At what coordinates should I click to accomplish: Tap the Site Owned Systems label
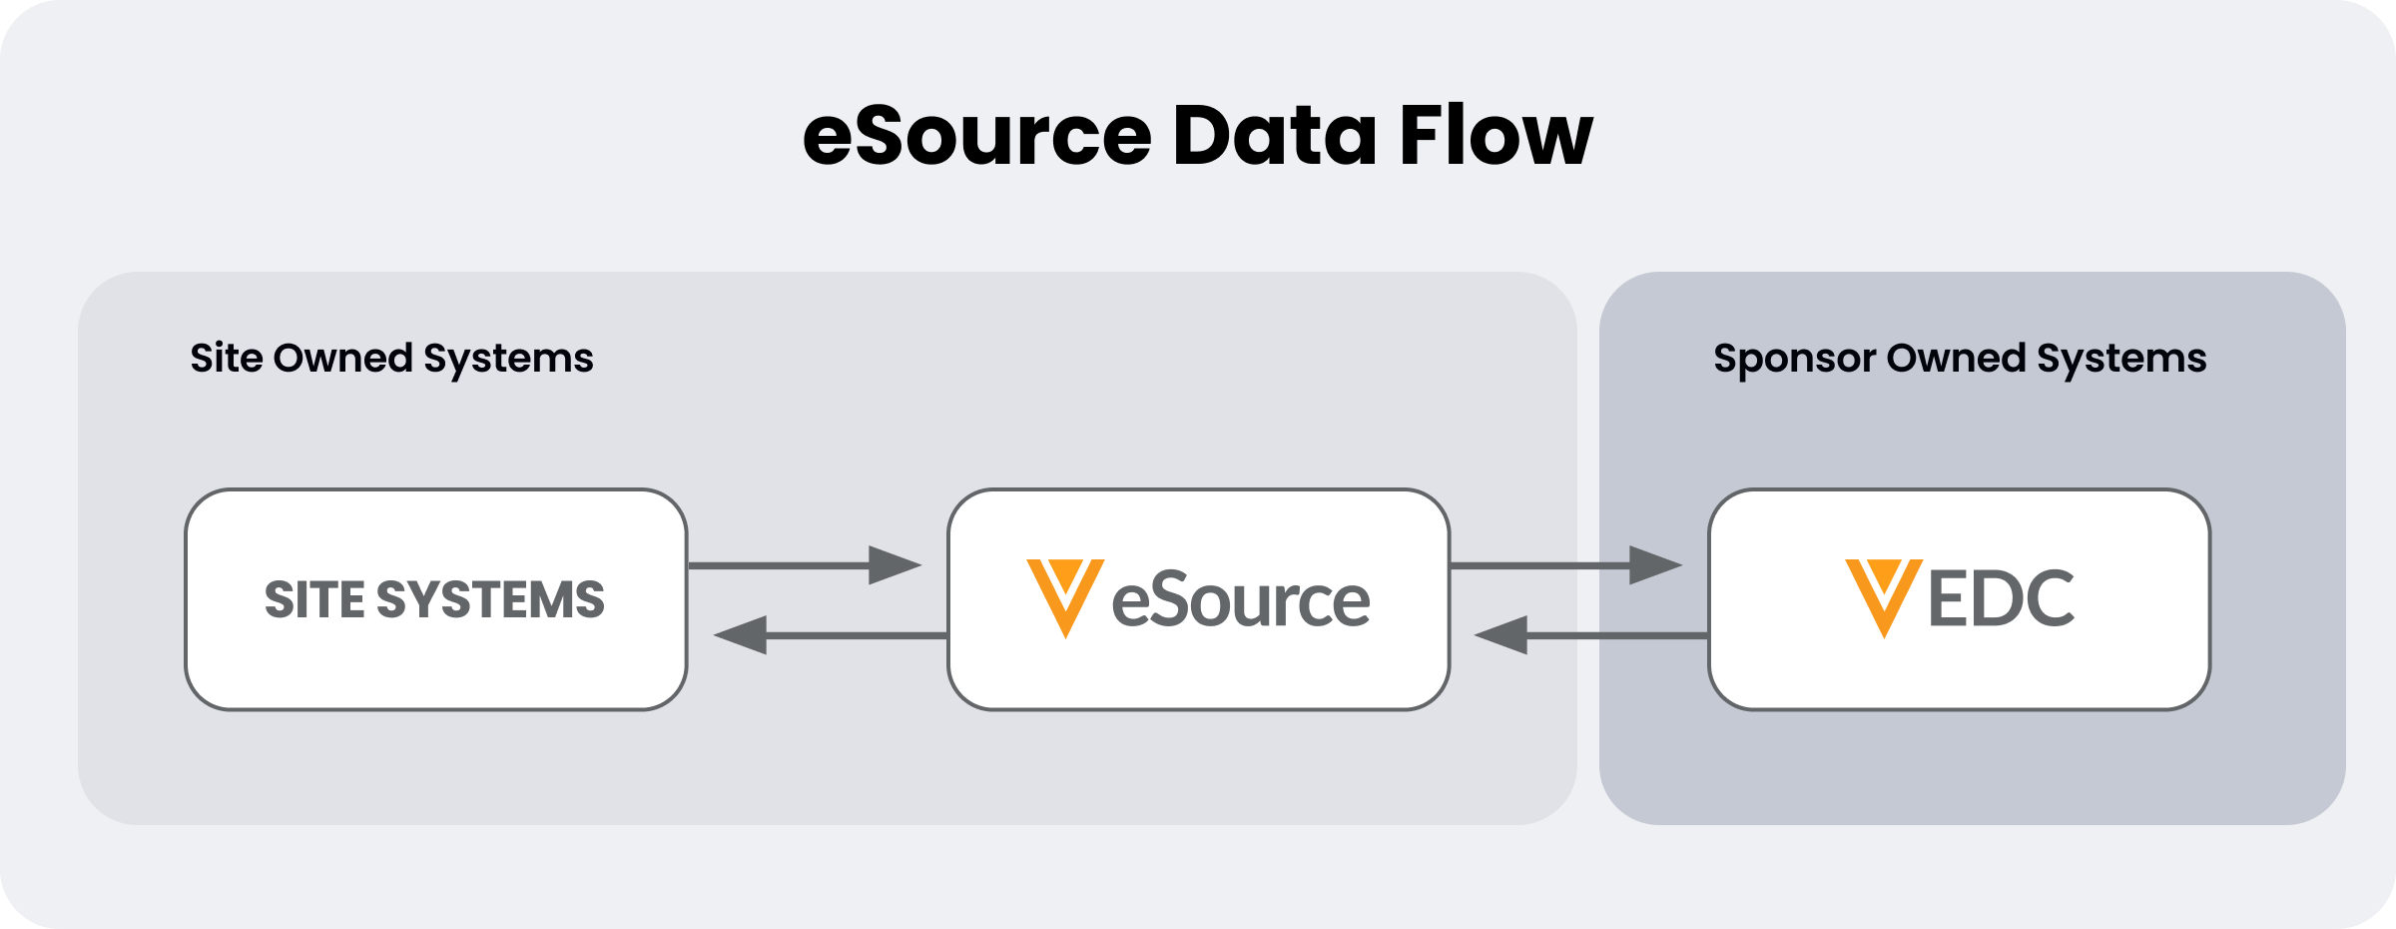[x=391, y=359]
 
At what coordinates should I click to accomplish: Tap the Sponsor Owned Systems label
[x=1959, y=359]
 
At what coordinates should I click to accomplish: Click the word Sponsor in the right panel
[x=1793, y=359]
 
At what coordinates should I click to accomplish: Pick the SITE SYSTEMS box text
[x=434, y=600]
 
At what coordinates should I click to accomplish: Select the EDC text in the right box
[x=2001, y=599]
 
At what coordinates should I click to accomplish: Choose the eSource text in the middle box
[x=1240, y=600]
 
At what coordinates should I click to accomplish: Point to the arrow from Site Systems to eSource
[x=804, y=565]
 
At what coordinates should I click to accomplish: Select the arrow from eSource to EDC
[x=1564, y=565]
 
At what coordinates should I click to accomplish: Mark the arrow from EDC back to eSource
[x=1590, y=635]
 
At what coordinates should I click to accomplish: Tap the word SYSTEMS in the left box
[x=490, y=600]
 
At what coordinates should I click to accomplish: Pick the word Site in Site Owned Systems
[x=227, y=359]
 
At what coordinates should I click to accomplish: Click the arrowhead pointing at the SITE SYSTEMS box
[x=741, y=635]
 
